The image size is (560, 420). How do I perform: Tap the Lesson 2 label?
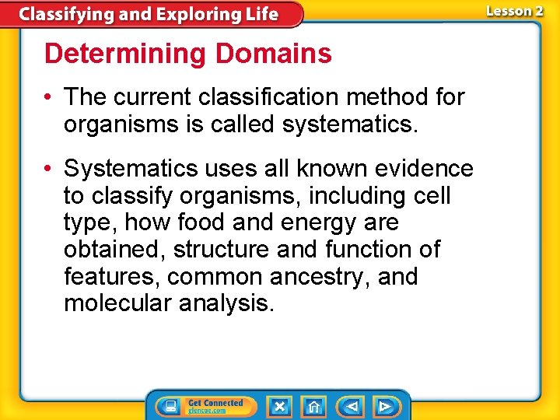pyautogui.click(x=514, y=11)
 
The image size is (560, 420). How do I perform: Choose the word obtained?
pyautogui.click(x=114, y=250)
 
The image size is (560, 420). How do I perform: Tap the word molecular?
pyautogui.click(x=118, y=303)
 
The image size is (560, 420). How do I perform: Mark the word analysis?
pyautogui.click(x=227, y=303)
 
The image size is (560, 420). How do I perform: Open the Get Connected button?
pyautogui.click(x=204, y=406)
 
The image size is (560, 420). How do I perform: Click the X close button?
pyautogui.click(x=279, y=406)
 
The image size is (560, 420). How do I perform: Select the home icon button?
pyautogui.click(x=313, y=406)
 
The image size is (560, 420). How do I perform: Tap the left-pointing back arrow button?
pyautogui.click(x=351, y=406)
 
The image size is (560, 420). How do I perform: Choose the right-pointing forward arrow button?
pyautogui.click(x=385, y=406)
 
